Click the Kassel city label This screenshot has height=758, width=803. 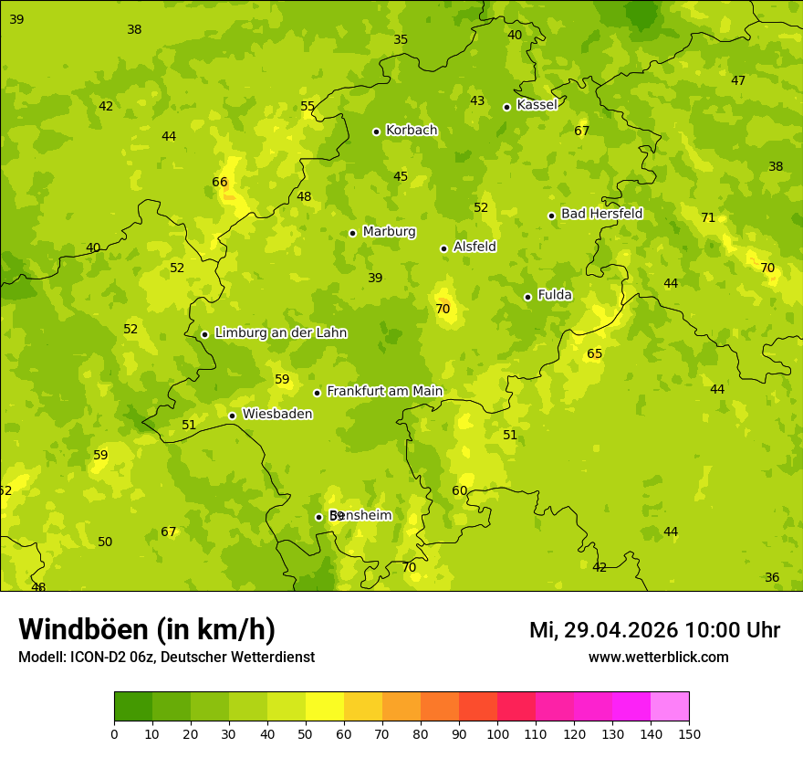click(x=537, y=105)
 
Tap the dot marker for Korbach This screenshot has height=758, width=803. click(x=376, y=132)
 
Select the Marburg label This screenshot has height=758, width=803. click(x=389, y=232)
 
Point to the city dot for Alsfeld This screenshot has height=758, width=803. click(x=443, y=248)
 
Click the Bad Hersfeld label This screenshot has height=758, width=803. click(x=601, y=214)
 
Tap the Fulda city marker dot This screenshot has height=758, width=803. click(x=527, y=297)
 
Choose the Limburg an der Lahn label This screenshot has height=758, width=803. click(x=280, y=333)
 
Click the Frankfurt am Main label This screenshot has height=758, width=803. click(x=384, y=392)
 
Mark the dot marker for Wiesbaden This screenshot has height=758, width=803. click(x=232, y=416)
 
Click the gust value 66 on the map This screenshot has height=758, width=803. click(x=220, y=182)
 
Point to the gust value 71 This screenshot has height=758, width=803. click(x=708, y=217)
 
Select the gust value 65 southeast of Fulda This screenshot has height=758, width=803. click(x=595, y=353)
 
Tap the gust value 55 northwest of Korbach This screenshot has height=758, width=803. click(x=308, y=106)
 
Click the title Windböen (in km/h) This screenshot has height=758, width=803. click(x=147, y=629)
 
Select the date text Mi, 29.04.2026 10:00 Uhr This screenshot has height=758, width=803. click(x=654, y=630)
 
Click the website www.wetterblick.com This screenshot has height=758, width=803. click(x=658, y=658)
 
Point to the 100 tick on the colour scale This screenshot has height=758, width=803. click(x=497, y=733)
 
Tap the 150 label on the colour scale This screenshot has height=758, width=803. click(x=689, y=733)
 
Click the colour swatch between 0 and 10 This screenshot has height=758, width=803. click(x=133, y=707)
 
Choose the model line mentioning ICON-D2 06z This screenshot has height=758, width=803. click(x=166, y=658)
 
